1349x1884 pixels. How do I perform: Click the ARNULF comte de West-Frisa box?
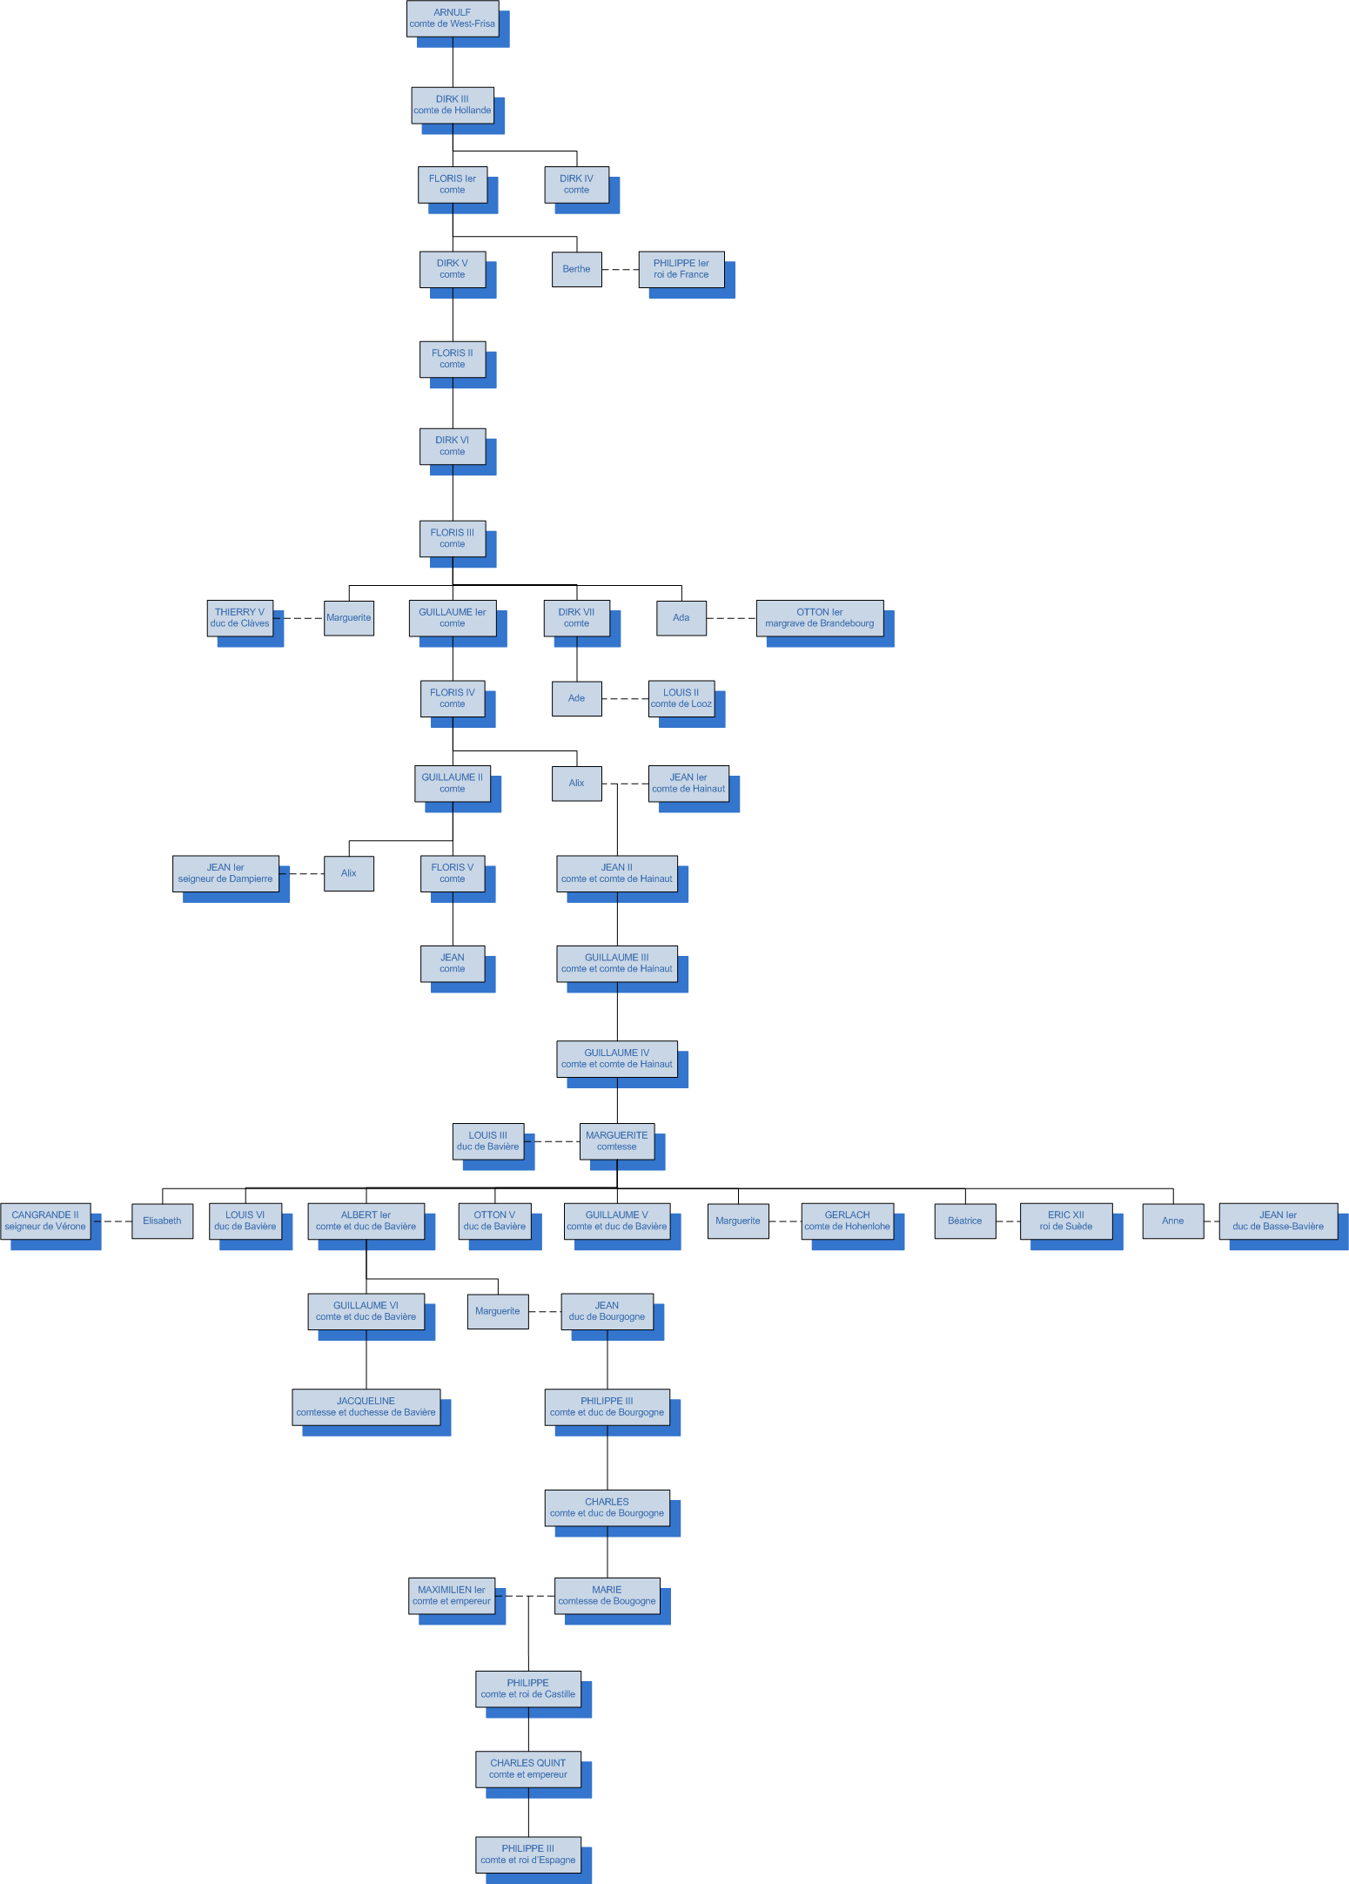(x=453, y=18)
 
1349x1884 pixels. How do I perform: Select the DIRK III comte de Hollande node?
(x=453, y=105)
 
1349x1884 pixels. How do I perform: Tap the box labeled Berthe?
(x=576, y=269)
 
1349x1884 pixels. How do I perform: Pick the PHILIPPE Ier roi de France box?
(x=681, y=269)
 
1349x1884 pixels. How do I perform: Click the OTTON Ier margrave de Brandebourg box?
(x=820, y=618)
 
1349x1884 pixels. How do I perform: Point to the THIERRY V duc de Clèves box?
(x=240, y=618)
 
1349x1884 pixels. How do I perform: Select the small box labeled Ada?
(x=681, y=618)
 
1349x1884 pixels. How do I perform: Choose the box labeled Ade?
(x=576, y=698)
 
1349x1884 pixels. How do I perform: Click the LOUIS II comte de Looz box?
(x=681, y=698)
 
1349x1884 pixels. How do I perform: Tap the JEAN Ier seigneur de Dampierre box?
(x=225, y=873)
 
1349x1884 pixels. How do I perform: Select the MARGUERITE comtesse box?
(x=617, y=1141)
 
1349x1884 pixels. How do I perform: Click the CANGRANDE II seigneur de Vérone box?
(x=45, y=1221)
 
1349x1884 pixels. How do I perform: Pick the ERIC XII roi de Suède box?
(x=1066, y=1221)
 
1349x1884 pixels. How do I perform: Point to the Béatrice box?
(x=965, y=1221)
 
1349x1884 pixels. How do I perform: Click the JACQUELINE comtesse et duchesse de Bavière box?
(x=366, y=1407)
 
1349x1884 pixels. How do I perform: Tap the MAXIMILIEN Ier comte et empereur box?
(x=452, y=1596)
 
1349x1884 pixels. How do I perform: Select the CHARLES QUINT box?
(x=528, y=1769)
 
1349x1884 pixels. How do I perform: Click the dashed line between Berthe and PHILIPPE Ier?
(x=621, y=270)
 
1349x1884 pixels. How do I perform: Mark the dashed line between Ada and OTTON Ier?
(x=731, y=618)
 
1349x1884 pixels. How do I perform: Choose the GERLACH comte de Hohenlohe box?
(x=848, y=1221)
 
